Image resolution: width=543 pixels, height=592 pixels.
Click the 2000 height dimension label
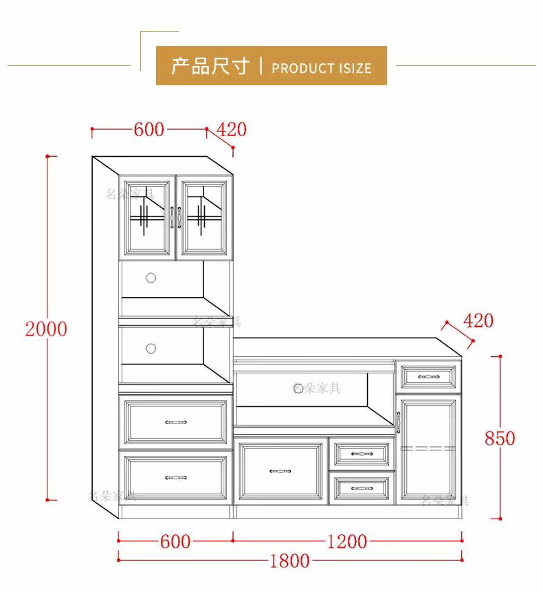click(x=46, y=329)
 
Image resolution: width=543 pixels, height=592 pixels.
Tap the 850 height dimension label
click(x=500, y=438)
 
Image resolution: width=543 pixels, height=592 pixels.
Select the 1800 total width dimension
click(x=289, y=560)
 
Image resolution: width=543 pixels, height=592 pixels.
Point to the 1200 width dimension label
click(x=346, y=542)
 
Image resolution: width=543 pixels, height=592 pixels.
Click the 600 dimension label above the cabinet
click(x=149, y=129)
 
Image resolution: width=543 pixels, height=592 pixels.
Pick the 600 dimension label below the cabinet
click(x=175, y=542)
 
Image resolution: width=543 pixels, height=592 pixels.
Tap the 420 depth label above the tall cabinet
click(x=232, y=129)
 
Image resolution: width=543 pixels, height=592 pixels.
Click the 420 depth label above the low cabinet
click(x=478, y=320)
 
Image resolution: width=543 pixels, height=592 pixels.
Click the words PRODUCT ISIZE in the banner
click(x=322, y=68)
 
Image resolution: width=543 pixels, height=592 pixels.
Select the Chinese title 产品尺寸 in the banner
click(x=210, y=67)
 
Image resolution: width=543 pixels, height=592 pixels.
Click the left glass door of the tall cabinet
click(x=146, y=216)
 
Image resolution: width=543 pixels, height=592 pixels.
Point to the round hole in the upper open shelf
click(x=151, y=278)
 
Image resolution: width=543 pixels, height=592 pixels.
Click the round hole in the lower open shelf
click(x=151, y=349)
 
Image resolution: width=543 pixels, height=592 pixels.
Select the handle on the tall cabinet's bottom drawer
click(x=175, y=476)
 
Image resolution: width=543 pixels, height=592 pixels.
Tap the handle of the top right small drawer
click(x=428, y=377)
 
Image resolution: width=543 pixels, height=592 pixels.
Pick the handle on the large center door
click(x=280, y=472)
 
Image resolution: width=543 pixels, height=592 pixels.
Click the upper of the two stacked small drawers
click(x=362, y=453)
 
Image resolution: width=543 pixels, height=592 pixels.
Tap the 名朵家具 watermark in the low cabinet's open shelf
click(x=317, y=388)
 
